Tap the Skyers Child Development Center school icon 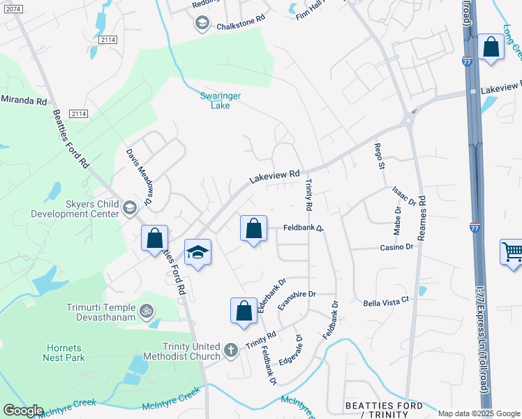[x=129, y=207]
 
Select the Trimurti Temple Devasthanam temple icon [x=147, y=310]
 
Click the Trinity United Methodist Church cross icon [x=231, y=348]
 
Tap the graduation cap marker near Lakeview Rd [x=197, y=252]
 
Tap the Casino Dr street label [x=397, y=247]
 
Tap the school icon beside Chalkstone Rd [x=202, y=24]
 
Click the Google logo [x=23, y=411]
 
